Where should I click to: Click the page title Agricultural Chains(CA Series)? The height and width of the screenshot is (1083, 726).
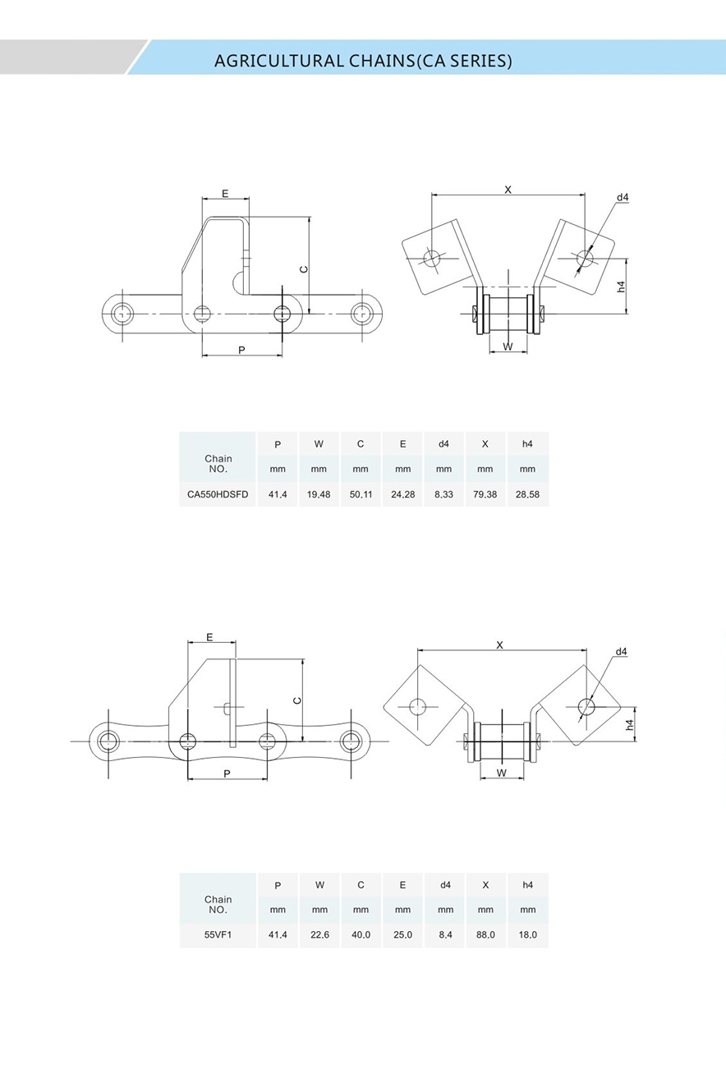(362, 61)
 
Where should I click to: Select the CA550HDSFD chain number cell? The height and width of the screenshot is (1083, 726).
(218, 494)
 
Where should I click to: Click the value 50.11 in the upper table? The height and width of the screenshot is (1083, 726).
(361, 494)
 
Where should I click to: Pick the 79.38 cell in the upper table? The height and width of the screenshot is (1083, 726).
(485, 494)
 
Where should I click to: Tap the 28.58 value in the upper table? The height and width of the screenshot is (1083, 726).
(527, 494)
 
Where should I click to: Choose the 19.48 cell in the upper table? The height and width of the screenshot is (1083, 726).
(319, 494)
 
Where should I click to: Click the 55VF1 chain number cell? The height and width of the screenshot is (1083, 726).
(218, 934)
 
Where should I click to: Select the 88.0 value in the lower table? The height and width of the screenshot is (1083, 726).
(485, 934)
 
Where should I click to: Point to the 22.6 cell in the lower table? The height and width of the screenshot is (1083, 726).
(319, 934)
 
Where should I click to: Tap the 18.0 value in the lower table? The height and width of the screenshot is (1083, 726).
(527, 934)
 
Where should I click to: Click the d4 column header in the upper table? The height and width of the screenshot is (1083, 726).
(443, 444)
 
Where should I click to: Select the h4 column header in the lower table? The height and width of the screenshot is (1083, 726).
(527, 885)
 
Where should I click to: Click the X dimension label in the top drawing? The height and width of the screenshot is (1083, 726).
(508, 190)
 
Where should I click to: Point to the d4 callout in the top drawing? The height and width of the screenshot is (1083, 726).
(623, 198)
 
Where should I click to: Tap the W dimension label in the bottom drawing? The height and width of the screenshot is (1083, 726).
(501, 773)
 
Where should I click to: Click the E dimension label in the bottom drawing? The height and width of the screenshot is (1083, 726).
(209, 637)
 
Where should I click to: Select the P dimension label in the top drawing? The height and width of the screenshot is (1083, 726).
(241, 350)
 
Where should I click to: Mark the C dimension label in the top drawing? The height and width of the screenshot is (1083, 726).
(303, 269)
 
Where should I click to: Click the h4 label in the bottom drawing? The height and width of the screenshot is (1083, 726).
(629, 724)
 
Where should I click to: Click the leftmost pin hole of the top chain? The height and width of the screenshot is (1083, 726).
(122, 313)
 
